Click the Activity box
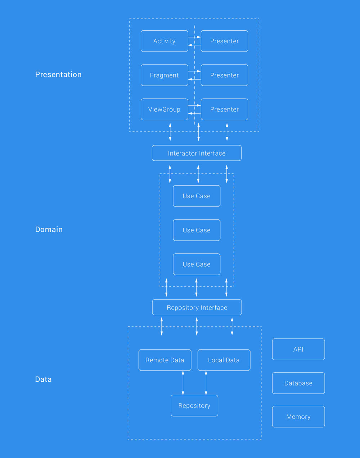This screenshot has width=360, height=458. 164,41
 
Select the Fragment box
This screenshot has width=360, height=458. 164,75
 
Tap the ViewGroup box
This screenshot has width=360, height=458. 164,109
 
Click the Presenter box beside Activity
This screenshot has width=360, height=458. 224,41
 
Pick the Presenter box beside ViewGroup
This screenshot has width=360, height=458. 224,109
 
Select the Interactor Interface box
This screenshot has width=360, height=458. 197,153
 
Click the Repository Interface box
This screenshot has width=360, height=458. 197,307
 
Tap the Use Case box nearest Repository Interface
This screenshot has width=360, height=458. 197,264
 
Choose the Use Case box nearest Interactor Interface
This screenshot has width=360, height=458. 197,196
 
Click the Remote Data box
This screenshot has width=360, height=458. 165,360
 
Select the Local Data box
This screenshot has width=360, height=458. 224,360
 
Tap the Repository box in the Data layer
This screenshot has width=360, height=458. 194,405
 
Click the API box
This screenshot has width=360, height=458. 298,349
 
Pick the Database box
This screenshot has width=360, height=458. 298,383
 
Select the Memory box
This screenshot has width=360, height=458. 298,417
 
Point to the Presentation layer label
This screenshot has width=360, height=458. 58,75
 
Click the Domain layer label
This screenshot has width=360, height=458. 49,230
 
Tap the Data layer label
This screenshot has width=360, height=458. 43,379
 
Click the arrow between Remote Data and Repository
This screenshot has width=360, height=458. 183,383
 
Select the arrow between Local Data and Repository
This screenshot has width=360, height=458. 206,383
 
